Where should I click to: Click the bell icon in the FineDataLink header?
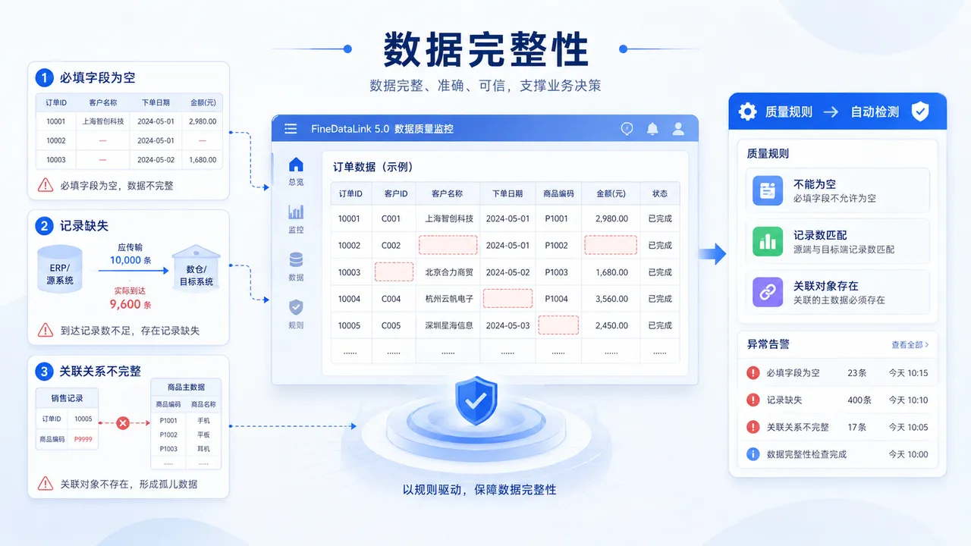click(x=652, y=129)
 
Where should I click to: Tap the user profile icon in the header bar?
click(x=678, y=129)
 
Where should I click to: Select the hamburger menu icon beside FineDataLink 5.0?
click(x=291, y=129)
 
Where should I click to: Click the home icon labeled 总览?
click(x=296, y=165)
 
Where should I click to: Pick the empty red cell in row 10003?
click(x=394, y=272)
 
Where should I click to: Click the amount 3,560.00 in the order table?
click(x=611, y=299)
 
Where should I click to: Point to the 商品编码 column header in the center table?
click(x=558, y=193)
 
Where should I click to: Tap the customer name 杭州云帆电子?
click(x=449, y=299)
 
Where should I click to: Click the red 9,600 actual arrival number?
click(x=125, y=304)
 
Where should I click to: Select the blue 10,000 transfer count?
click(x=125, y=260)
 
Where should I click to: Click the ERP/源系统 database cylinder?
click(x=60, y=269)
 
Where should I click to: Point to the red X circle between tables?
click(x=123, y=423)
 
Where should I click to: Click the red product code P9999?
click(x=83, y=439)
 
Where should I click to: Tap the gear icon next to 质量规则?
click(x=748, y=111)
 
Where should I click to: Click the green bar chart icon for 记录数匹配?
click(x=768, y=241)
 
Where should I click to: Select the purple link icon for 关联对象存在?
click(x=768, y=292)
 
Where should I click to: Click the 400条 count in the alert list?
click(x=859, y=400)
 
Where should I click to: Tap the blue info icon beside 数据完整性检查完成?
click(x=753, y=454)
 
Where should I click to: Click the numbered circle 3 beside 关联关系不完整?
click(x=44, y=372)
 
